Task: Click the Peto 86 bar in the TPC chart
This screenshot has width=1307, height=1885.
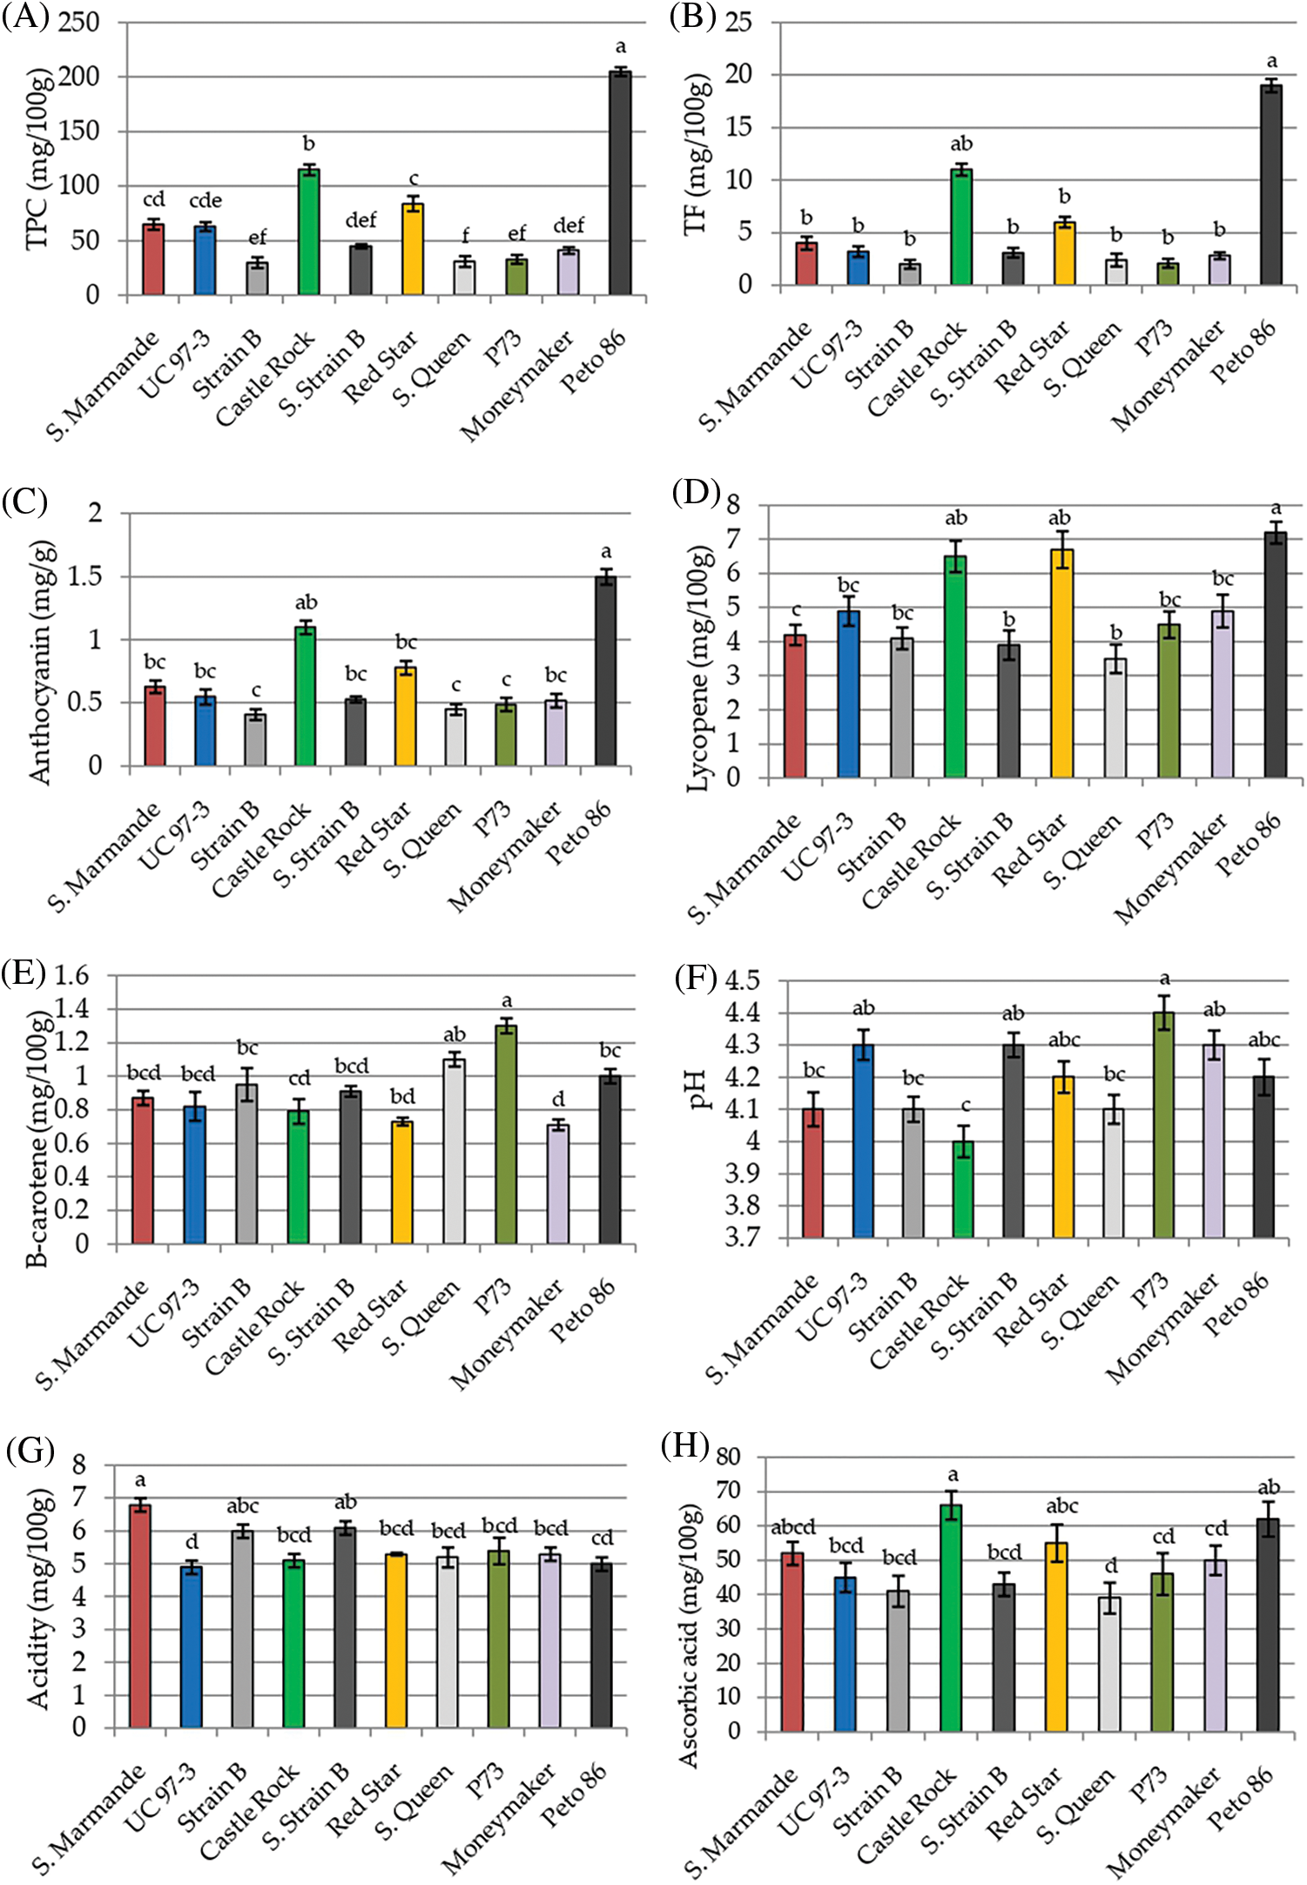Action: (x=620, y=184)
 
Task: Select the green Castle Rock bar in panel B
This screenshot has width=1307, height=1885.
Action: (x=961, y=227)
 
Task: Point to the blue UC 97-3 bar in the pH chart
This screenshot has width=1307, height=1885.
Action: (x=863, y=1141)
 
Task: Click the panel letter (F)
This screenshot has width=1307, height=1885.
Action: (x=695, y=979)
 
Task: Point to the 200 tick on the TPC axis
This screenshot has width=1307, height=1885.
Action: (x=79, y=77)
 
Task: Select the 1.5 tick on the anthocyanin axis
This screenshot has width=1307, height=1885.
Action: (x=84, y=576)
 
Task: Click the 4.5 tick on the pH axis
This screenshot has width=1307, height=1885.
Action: (x=742, y=981)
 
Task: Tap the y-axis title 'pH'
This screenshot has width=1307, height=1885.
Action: (x=698, y=1089)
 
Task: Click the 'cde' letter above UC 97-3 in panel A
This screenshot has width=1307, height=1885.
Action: (x=205, y=201)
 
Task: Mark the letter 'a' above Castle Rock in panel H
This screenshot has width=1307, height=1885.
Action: (x=953, y=1475)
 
